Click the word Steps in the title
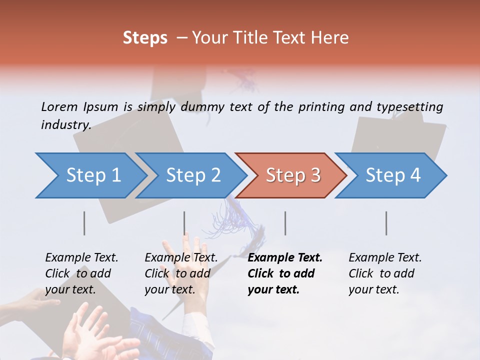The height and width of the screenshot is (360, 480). [145, 38]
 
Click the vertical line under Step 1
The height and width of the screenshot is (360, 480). [84, 223]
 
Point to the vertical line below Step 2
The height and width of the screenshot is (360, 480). [184, 223]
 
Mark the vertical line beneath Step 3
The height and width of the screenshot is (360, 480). [285, 223]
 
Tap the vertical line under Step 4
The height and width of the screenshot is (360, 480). [386, 223]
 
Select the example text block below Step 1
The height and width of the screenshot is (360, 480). [81, 273]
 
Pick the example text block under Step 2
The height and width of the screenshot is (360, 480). [181, 273]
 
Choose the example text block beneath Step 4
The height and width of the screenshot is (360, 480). [385, 273]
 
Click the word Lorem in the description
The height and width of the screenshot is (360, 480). [59, 106]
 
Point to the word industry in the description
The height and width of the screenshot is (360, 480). [66, 125]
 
